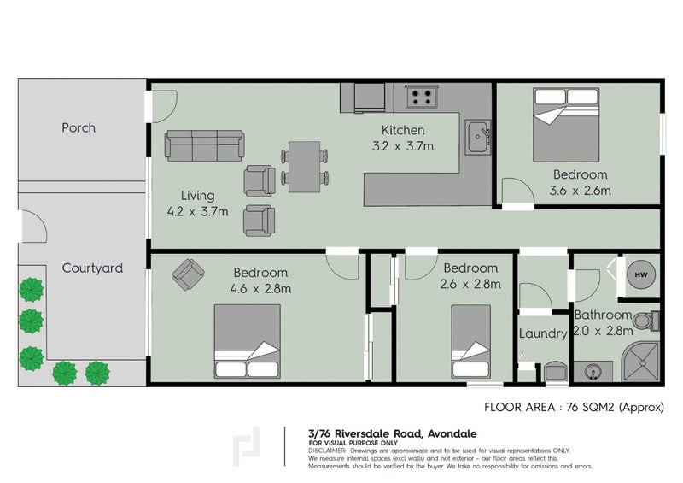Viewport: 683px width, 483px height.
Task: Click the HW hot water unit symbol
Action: (x=641, y=274)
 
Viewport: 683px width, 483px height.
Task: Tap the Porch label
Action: (x=79, y=128)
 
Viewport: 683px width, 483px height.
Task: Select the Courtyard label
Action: (x=92, y=268)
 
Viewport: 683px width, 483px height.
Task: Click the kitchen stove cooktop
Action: (x=422, y=97)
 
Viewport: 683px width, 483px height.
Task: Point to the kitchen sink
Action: (x=478, y=137)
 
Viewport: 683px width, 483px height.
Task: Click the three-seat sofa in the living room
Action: (x=204, y=145)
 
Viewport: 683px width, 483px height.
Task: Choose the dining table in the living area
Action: (x=305, y=167)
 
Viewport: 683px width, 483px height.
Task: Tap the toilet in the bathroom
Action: (x=645, y=321)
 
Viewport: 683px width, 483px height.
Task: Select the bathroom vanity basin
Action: (x=593, y=372)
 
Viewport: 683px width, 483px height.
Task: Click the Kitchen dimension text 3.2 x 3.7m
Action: (x=403, y=146)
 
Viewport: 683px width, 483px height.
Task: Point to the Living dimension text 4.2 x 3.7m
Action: (x=198, y=212)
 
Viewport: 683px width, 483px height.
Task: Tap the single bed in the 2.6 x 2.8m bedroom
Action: (x=471, y=342)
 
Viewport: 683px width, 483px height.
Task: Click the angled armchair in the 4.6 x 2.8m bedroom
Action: (x=188, y=274)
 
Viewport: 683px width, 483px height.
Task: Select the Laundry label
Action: (x=543, y=333)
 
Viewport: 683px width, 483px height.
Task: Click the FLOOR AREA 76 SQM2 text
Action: (x=574, y=408)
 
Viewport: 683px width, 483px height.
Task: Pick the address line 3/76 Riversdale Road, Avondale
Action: (x=393, y=433)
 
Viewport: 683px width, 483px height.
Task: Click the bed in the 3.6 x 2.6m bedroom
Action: (x=566, y=125)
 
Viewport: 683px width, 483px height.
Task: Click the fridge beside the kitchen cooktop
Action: (x=370, y=97)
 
